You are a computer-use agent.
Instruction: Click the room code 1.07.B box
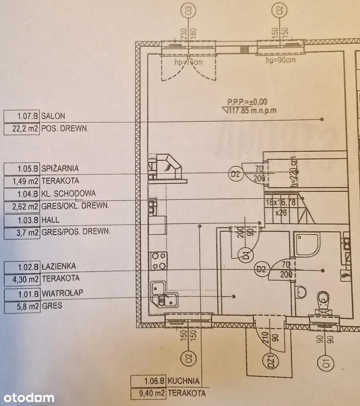[x=22, y=116]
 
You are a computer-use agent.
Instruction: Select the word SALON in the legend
[x=53, y=116]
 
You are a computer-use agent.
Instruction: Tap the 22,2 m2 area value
[x=22, y=129]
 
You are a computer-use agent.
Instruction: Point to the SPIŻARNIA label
[x=60, y=168]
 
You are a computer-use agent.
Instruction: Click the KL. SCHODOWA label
[x=68, y=193]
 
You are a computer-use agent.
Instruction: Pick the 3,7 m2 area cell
[x=22, y=232]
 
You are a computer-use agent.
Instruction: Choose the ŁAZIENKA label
[x=58, y=266]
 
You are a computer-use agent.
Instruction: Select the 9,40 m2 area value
[x=149, y=393]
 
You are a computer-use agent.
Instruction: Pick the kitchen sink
[x=164, y=294]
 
